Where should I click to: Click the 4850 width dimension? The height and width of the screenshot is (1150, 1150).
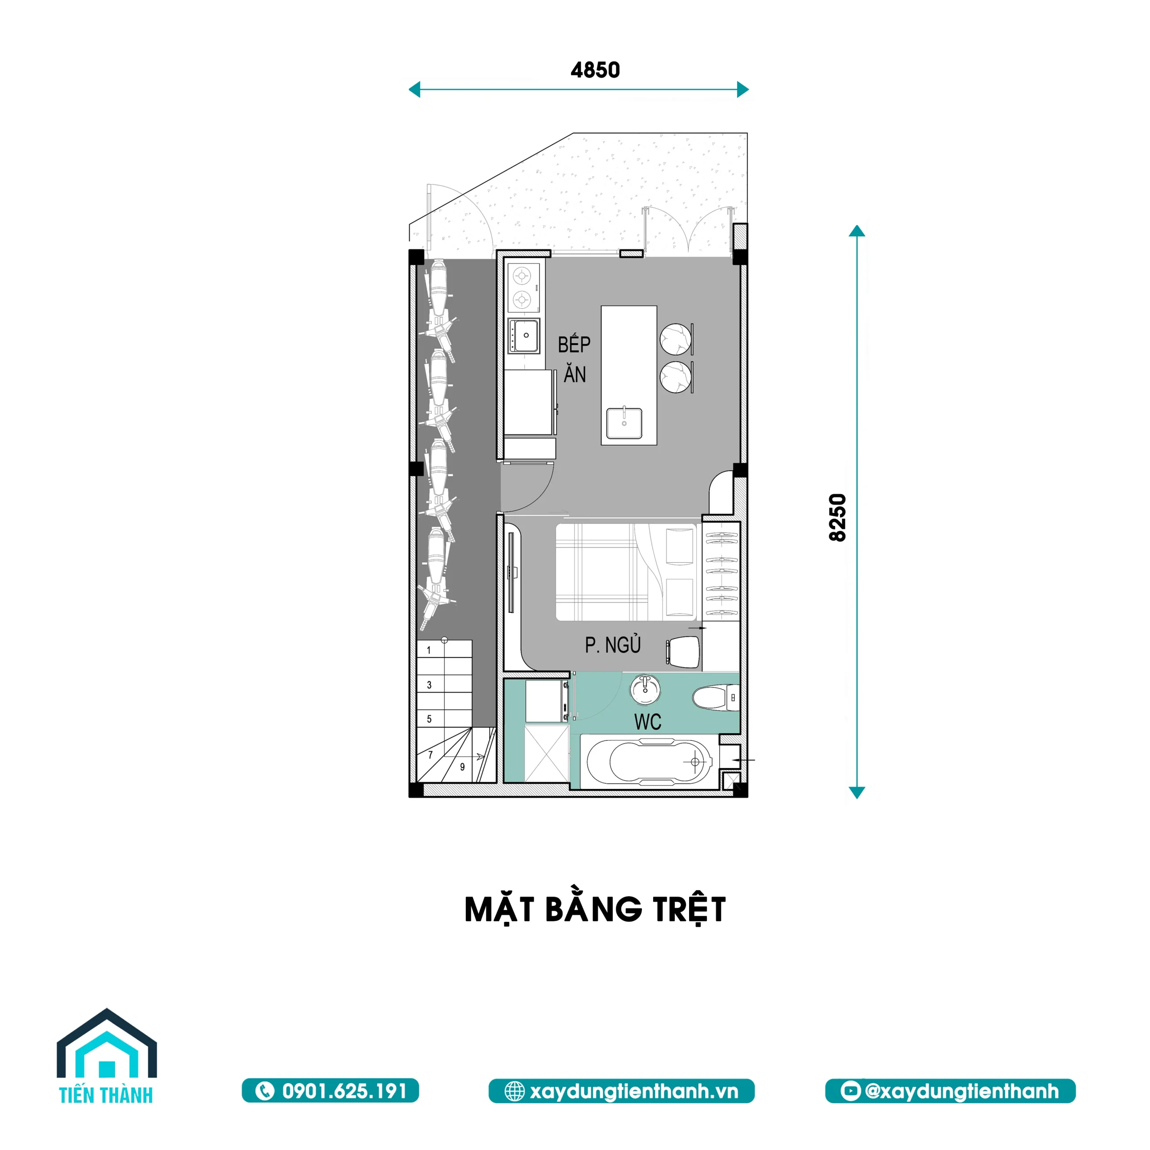point(595,70)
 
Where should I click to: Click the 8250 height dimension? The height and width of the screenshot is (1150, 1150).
point(837,517)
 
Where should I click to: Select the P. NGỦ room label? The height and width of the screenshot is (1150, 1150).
point(612,645)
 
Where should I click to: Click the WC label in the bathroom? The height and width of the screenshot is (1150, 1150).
point(648,722)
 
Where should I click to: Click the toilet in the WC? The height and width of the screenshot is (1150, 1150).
point(716,698)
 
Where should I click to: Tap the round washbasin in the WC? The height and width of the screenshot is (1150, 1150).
point(645,690)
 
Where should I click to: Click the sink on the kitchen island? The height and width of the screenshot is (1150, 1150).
point(624,423)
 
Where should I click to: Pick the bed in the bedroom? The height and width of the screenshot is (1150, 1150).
point(625,572)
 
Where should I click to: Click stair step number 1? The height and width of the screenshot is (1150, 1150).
point(429,650)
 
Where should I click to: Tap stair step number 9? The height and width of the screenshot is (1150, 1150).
point(463,767)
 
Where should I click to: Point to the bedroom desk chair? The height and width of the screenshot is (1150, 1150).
point(683,652)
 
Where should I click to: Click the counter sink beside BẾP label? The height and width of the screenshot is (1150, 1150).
point(524,336)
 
